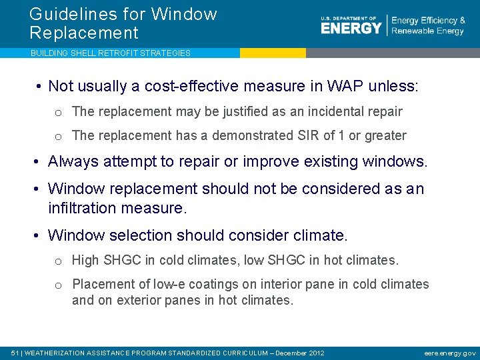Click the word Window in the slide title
click(184, 14)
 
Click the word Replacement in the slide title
click(83, 33)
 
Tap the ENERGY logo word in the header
click(351, 27)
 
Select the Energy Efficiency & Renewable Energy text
click(428, 26)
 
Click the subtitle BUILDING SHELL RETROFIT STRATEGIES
click(110, 53)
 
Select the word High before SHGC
click(85, 260)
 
